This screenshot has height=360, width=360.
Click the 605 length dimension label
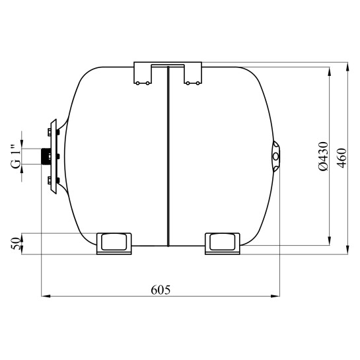[x=161, y=290]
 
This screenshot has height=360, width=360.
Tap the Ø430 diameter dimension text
[x=323, y=157]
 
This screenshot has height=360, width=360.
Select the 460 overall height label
[x=342, y=158]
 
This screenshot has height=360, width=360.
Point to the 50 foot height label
[x=16, y=244]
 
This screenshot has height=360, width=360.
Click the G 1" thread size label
[x=16, y=157]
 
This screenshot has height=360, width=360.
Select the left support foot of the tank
[x=114, y=244]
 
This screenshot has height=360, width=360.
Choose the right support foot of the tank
[x=223, y=244]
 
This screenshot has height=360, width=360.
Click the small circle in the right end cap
[x=275, y=157]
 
